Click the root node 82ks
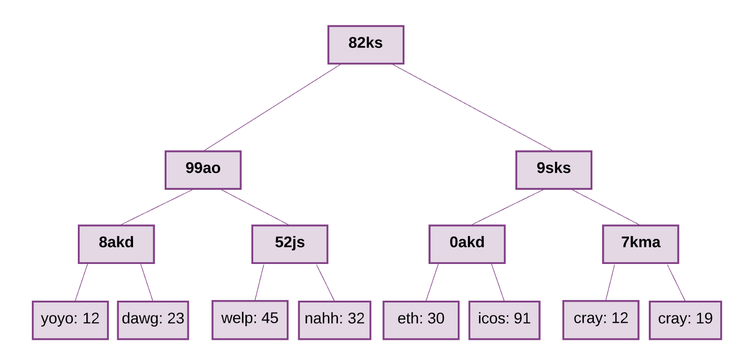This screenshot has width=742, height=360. coord(365,45)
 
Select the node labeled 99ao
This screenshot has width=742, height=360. coord(203,170)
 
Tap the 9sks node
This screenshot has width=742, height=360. coord(553,170)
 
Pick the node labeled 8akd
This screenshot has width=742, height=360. coord(116,244)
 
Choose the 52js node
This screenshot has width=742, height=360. coord(289,244)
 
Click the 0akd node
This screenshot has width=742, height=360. coord(467,244)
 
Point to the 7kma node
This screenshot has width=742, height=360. coord(640,244)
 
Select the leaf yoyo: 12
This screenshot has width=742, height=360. coord(70,320)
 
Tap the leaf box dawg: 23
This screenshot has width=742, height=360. coord(153,320)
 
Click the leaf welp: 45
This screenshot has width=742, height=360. coord(249,320)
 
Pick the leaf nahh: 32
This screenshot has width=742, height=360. coord(334,320)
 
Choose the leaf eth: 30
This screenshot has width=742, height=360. coord(421,320)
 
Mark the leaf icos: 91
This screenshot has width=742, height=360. coord(504,320)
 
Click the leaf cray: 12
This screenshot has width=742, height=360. coord(601,320)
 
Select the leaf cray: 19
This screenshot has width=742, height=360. coord(685,320)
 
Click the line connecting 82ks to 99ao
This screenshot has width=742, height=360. coord(272,108)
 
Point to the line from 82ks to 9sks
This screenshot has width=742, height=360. coord(472,107)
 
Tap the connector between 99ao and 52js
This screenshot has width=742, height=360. coord(255,207)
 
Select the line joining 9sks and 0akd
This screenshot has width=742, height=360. coord(508,207)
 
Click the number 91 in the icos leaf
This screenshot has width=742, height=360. coord(522,319)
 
